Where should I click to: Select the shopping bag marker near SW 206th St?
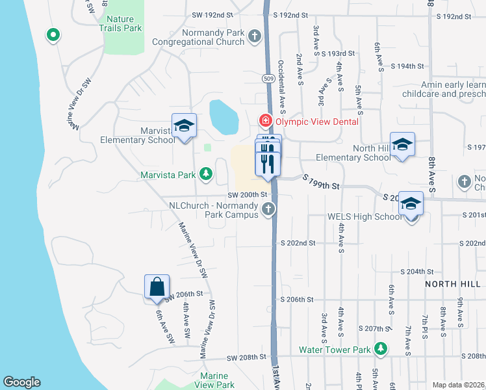(157, 287)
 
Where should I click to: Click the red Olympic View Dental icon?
(265, 121)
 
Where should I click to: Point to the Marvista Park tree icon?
(205, 174)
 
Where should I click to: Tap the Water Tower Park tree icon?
(380, 349)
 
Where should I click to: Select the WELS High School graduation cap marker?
(411, 204)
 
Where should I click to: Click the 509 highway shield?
(268, 78)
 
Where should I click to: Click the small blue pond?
(223, 116)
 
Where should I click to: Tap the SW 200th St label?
(248, 194)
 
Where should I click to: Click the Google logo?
(21, 382)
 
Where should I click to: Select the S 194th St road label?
(407, 66)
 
